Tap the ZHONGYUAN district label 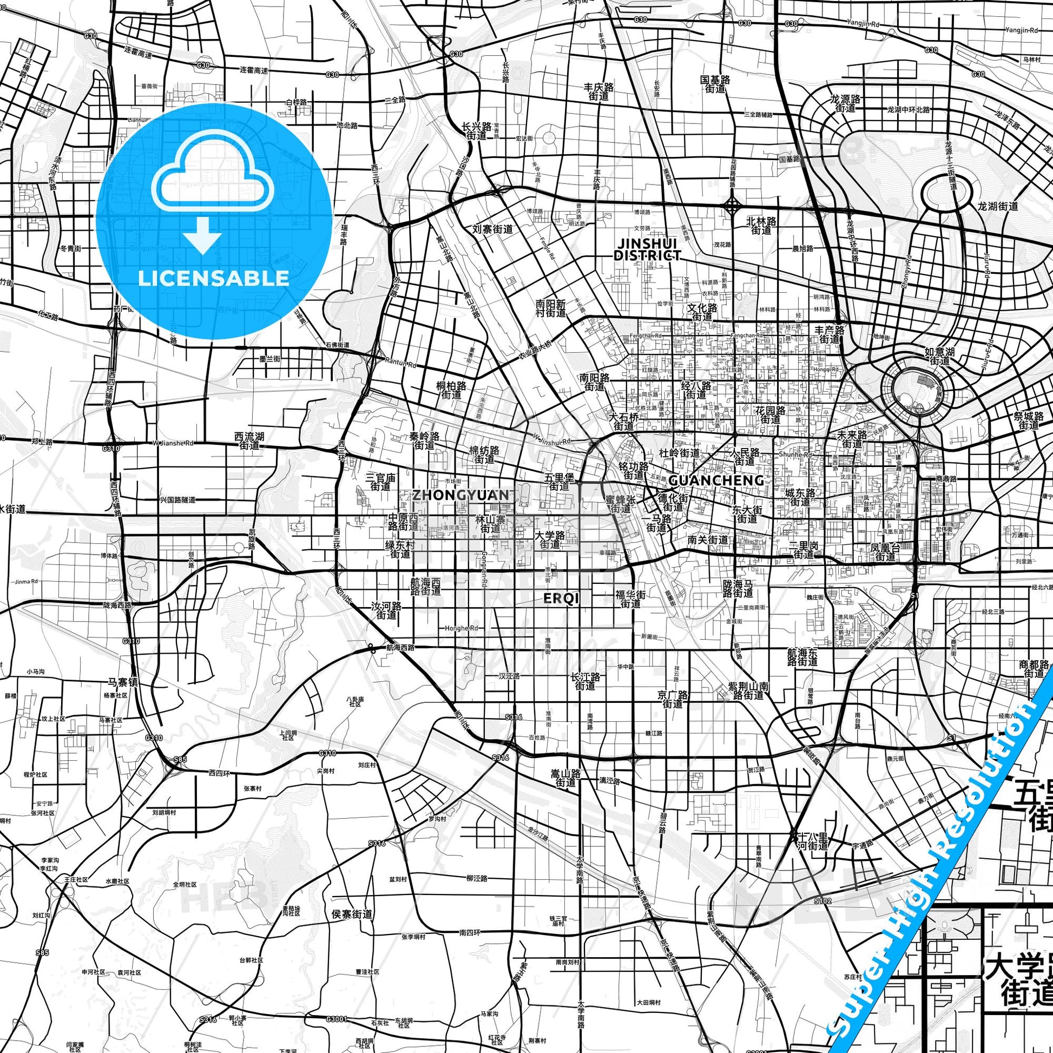tap(462, 495)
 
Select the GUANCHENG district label tap(716, 480)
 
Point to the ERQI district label tap(561, 598)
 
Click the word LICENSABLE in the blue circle tap(214, 278)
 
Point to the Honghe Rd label tap(462, 628)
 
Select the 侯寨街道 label tap(352, 914)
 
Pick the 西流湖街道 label tap(249, 441)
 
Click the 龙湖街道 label tap(997, 206)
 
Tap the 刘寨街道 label tap(493, 229)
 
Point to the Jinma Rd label tap(27, 582)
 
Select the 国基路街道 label tap(715, 84)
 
